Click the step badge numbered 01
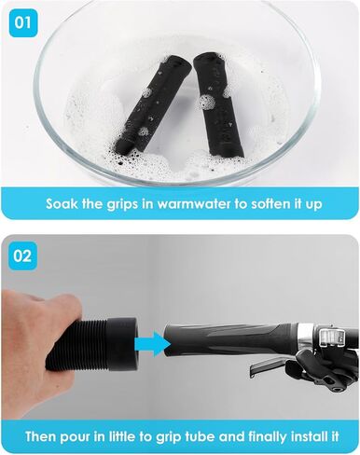22,23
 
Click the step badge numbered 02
22,256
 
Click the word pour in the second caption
76,436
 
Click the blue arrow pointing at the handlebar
152,344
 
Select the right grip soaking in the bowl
218,105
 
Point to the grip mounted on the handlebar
231,339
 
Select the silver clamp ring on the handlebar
307,338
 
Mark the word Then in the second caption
41,436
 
